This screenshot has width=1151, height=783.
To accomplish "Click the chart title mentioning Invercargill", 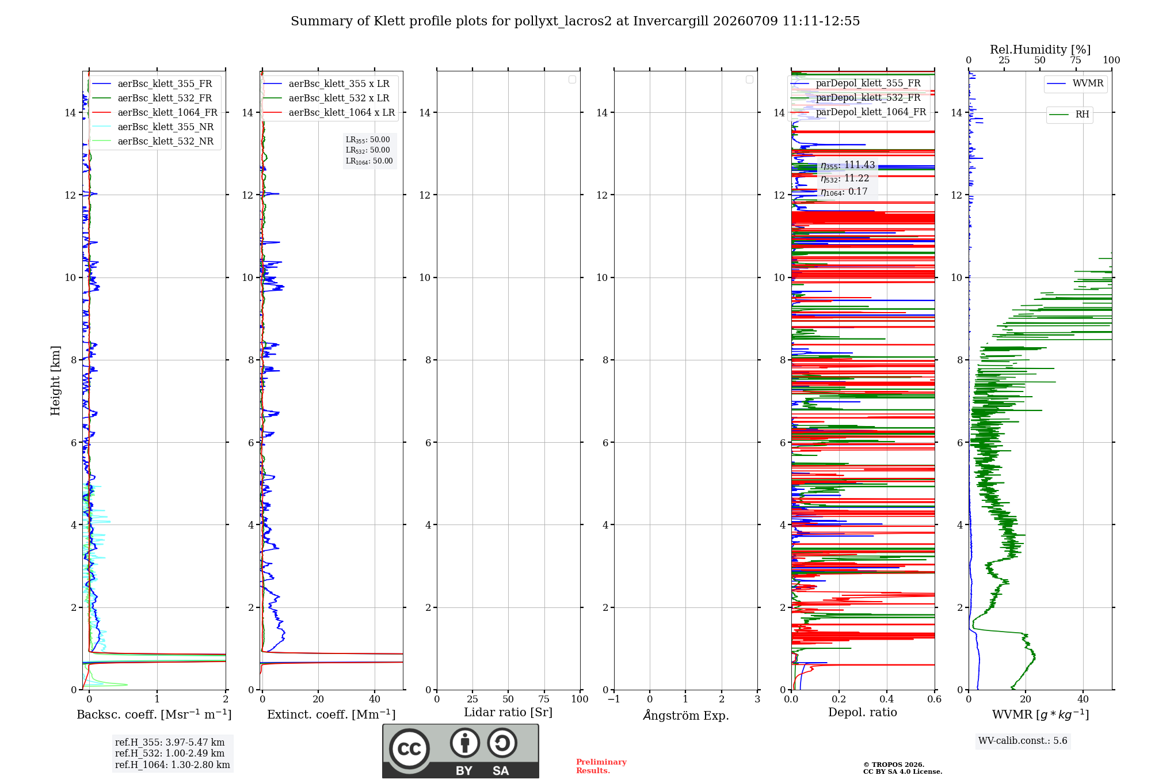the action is click(x=575, y=21).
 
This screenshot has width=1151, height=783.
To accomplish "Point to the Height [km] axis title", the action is click(x=55, y=381).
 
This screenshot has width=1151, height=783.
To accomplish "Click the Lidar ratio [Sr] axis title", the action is click(x=508, y=713).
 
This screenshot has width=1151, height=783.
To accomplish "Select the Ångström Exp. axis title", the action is click(x=686, y=715).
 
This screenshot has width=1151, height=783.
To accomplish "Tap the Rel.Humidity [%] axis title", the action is click(x=1040, y=50).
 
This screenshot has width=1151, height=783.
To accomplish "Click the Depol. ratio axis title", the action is click(x=863, y=712).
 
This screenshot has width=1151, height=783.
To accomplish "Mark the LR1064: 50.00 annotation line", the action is click(x=369, y=161).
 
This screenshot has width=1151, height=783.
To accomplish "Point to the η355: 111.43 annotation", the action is click(x=848, y=165).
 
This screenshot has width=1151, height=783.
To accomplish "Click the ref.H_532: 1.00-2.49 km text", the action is click(x=170, y=753).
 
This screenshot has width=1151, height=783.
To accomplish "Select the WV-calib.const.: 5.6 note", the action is click(x=1023, y=741).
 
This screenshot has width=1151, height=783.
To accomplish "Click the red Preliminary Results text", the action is click(x=601, y=766).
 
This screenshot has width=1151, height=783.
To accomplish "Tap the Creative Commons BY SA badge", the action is click(x=460, y=751).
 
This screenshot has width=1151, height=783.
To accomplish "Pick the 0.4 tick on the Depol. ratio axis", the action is click(x=887, y=700).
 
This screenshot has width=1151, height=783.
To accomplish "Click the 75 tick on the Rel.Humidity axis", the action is click(x=1076, y=60).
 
